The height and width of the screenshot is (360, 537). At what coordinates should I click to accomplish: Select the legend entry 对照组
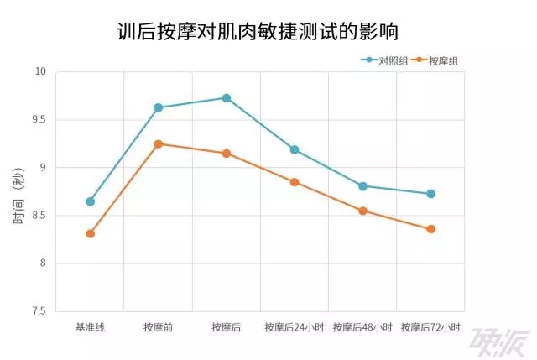click(x=393, y=61)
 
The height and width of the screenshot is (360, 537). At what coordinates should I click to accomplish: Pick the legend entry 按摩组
click(x=443, y=61)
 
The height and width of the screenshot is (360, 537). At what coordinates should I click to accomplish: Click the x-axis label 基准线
click(x=90, y=327)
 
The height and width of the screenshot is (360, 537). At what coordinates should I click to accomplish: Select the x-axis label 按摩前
click(x=158, y=327)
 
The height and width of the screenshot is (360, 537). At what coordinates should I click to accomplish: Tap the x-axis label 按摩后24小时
click(x=295, y=327)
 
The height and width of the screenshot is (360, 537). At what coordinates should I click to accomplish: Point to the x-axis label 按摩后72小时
click(x=430, y=327)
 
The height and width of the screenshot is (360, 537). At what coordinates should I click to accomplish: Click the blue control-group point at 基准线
click(x=90, y=201)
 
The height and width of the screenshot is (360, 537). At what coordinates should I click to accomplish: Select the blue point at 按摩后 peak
click(x=226, y=98)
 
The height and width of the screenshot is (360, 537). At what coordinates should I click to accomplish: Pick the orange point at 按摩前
click(x=158, y=144)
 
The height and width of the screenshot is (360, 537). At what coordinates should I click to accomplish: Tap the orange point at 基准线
click(x=90, y=233)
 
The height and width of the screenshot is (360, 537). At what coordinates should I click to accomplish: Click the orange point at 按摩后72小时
click(x=430, y=229)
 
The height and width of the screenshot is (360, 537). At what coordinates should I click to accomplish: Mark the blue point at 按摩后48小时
click(x=362, y=186)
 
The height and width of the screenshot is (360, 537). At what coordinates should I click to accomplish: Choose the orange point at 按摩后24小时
click(x=295, y=182)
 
